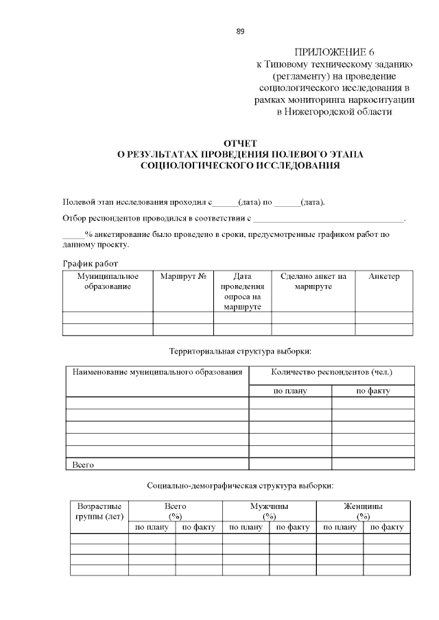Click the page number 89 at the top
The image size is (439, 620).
[240, 32]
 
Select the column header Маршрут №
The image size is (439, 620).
[183, 276]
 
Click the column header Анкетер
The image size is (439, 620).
[383, 276]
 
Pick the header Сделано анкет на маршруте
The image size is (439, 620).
[313, 281]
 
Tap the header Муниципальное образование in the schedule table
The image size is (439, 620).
[108, 281]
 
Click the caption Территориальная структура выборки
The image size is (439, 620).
[240, 351]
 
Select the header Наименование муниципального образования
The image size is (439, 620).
[157, 373]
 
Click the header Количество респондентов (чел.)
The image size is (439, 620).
[331, 373]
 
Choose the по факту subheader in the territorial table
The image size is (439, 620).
[372, 390]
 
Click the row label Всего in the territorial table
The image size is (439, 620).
[83, 464]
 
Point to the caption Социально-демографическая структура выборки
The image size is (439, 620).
[240, 486]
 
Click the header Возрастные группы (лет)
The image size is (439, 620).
[99, 511]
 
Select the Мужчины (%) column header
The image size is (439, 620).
[269, 511]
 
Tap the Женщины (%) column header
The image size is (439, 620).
[363, 511]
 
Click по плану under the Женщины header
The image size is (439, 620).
[340, 528]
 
